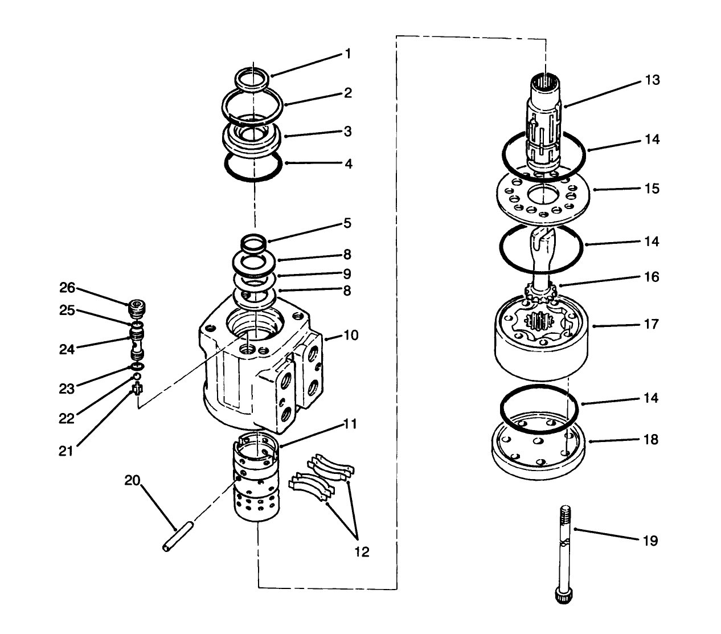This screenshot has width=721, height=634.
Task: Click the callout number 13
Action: click(652, 80)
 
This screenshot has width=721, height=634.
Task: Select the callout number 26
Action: click(67, 288)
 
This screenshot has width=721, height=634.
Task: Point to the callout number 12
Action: click(361, 551)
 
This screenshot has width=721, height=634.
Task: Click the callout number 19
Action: click(650, 540)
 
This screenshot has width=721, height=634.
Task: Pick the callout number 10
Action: click(351, 335)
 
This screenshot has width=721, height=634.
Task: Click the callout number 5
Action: click(347, 223)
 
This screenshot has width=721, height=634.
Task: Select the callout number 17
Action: click(651, 324)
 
